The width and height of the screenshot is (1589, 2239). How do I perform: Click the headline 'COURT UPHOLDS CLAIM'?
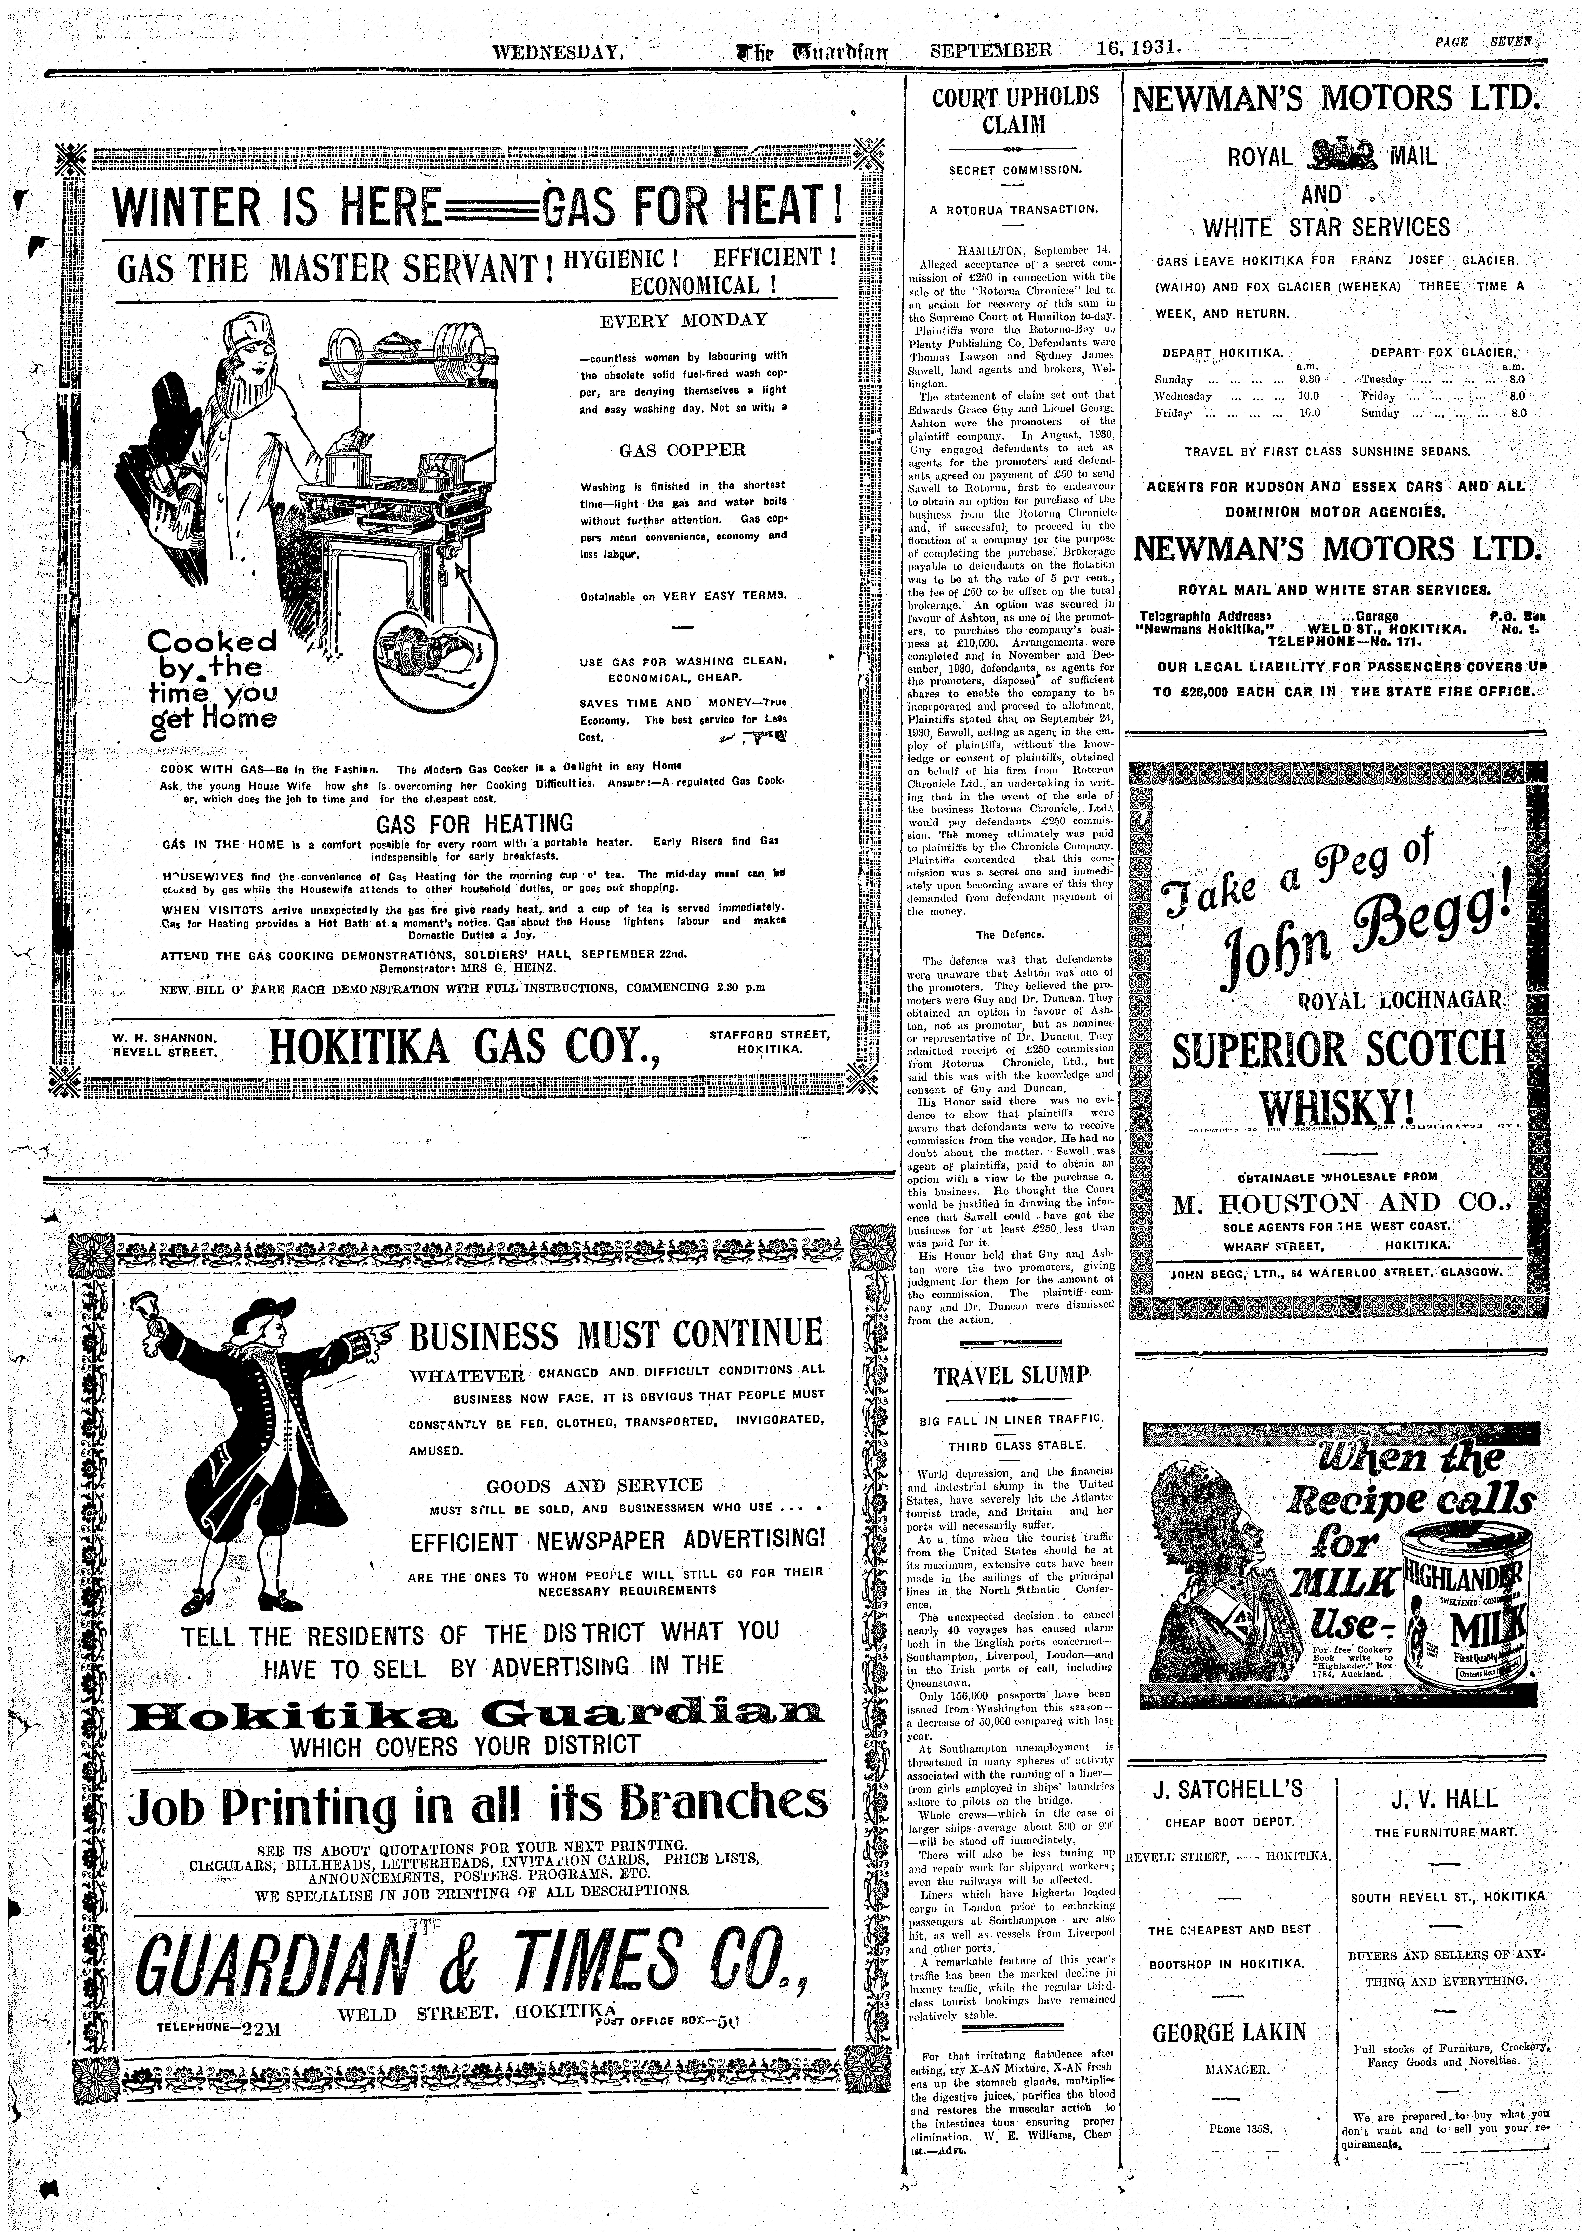click(x=1015, y=111)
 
